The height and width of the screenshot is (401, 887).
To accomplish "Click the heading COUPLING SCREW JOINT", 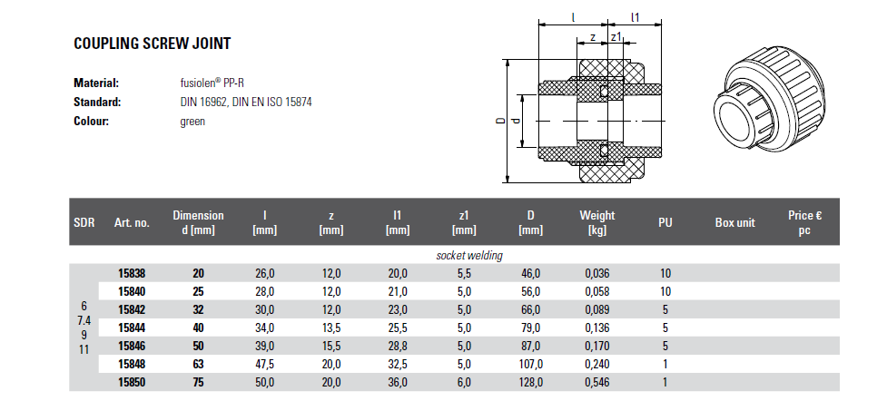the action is coord(153,44).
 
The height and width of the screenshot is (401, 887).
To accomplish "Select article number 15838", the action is coord(132,273).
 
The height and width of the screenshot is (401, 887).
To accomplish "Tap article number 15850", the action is coord(132,382).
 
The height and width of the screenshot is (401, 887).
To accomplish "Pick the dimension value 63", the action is coord(198,364).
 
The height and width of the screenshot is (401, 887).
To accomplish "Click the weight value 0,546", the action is coord(596,382).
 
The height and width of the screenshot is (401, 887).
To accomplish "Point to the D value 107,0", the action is coord(530,364).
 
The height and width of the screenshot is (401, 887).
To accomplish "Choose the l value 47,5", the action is coord(265,364).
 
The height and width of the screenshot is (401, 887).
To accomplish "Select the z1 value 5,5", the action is coord(464,273).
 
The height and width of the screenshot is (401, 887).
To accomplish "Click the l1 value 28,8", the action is coord(397,347).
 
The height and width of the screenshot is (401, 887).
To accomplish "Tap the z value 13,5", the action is coord(331,328).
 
